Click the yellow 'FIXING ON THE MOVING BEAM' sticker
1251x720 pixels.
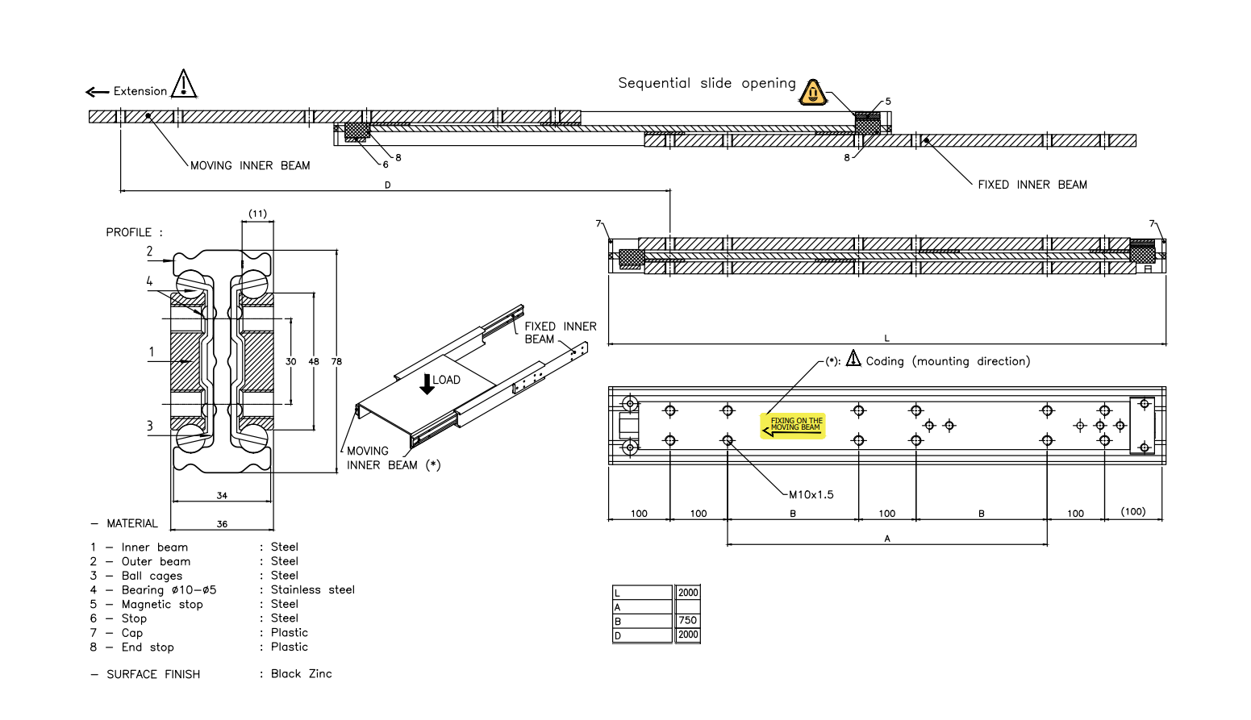pyautogui.click(x=793, y=425)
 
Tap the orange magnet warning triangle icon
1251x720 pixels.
pyautogui.click(x=813, y=94)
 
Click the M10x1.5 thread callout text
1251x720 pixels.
pyautogui.click(x=811, y=494)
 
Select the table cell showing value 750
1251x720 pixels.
pyautogui.click(x=687, y=620)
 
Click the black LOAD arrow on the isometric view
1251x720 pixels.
pyautogui.click(x=427, y=383)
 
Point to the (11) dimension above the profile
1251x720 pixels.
pyautogui.click(x=257, y=214)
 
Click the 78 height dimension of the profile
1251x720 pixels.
pyautogui.click(x=336, y=361)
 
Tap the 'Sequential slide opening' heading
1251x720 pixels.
pyautogui.click(x=707, y=83)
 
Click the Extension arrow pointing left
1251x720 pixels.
pyautogui.click(x=97, y=92)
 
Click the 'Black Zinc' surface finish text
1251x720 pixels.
pyautogui.click(x=301, y=673)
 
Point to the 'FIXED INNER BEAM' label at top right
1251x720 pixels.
pyautogui.click(x=1032, y=185)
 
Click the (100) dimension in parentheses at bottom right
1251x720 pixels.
pyautogui.click(x=1132, y=511)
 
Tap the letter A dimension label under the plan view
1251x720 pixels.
pyautogui.click(x=887, y=539)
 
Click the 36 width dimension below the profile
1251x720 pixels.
pyautogui.click(x=222, y=524)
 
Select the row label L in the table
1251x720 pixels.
pyautogui.click(x=618, y=593)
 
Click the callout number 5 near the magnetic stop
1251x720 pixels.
pyautogui.click(x=888, y=102)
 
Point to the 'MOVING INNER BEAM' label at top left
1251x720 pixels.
pyautogui.click(x=250, y=165)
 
